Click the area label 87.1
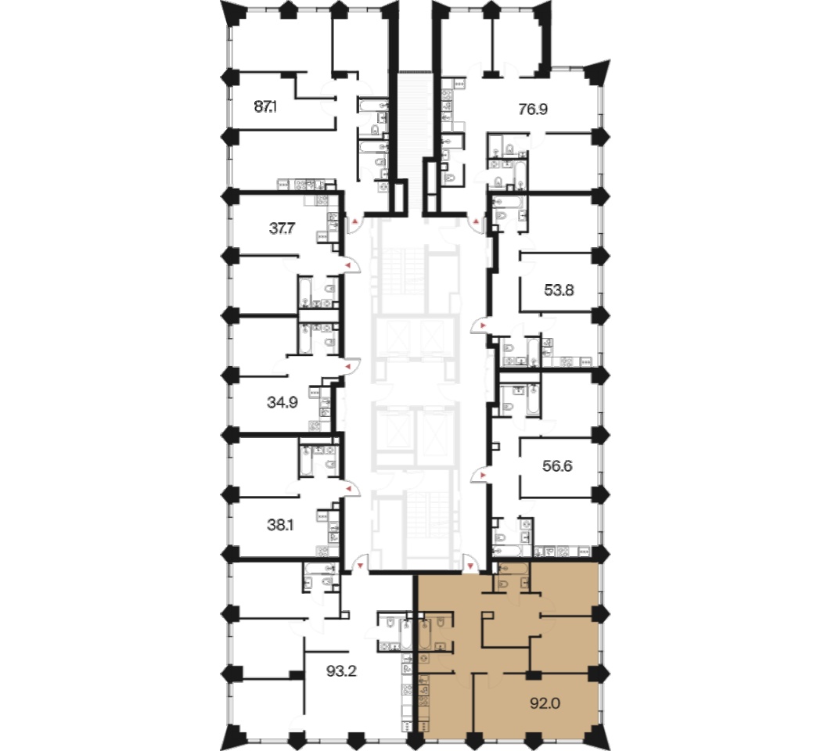(265, 107)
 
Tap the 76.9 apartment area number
(533, 110)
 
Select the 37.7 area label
(282, 228)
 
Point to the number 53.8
(559, 290)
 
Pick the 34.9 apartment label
(282, 402)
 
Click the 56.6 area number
(558, 466)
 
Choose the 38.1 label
(280, 525)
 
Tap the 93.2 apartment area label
(341, 671)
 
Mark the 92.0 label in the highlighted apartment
(545, 703)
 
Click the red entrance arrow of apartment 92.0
(470, 566)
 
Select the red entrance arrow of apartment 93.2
(361, 566)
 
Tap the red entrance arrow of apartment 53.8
(483, 324)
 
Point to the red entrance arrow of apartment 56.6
(483, 476)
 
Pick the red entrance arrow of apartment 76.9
(477, 221)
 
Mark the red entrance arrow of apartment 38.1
(349, 489)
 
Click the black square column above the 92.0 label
(533, 675)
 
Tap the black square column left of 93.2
(297, 675)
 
